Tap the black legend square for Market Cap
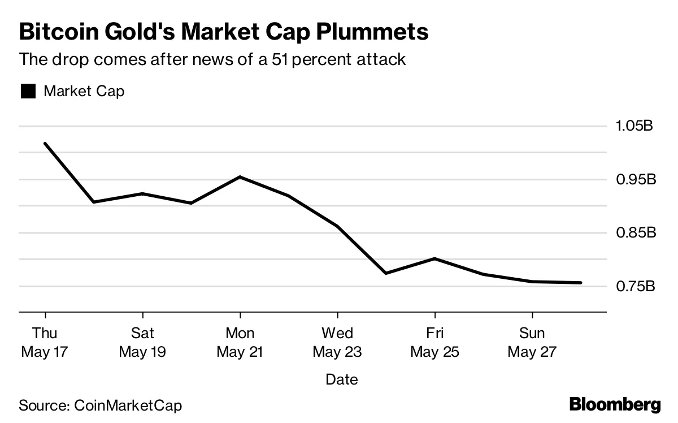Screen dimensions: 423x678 pyautogui.click(x=28, y=91)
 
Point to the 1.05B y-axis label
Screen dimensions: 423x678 pyautogui.click(x=634, y=125)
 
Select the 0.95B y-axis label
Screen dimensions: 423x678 pyautogui.click(x=635, y=179)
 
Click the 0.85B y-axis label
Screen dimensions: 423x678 pyautogui.click(x=635, y=232)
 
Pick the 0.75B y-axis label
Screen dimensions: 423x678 pyautogui.click(x=634, y=286)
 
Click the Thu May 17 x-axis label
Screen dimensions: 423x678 pyautogui.click(x=45, y=342)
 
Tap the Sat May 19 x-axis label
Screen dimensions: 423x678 pyautogui.click(x=142, y=342)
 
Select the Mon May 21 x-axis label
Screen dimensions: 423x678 pyautogui.click(x=240, y=342)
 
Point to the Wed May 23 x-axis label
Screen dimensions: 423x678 pyautogui.click(x=337, y=342)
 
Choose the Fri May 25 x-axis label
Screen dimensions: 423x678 pyautogui.click(x=434, y=342)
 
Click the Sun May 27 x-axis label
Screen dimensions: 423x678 pyautogui.click(x=532, y=342)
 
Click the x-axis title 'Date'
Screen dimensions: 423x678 pyautogui.click(x=342, y=379)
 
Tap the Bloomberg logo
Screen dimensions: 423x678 pyautogui.click(x=615, y=405)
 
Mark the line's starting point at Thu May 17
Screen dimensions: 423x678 pyautogui.click(x=45, y=144)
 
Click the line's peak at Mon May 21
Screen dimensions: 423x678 pyautogui.click(x=240, y=177)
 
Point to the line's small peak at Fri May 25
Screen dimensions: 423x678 pyautogui.click(x=434, y=258)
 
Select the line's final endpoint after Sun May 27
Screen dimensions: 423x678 pyautogui.click(x=580, y=283)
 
